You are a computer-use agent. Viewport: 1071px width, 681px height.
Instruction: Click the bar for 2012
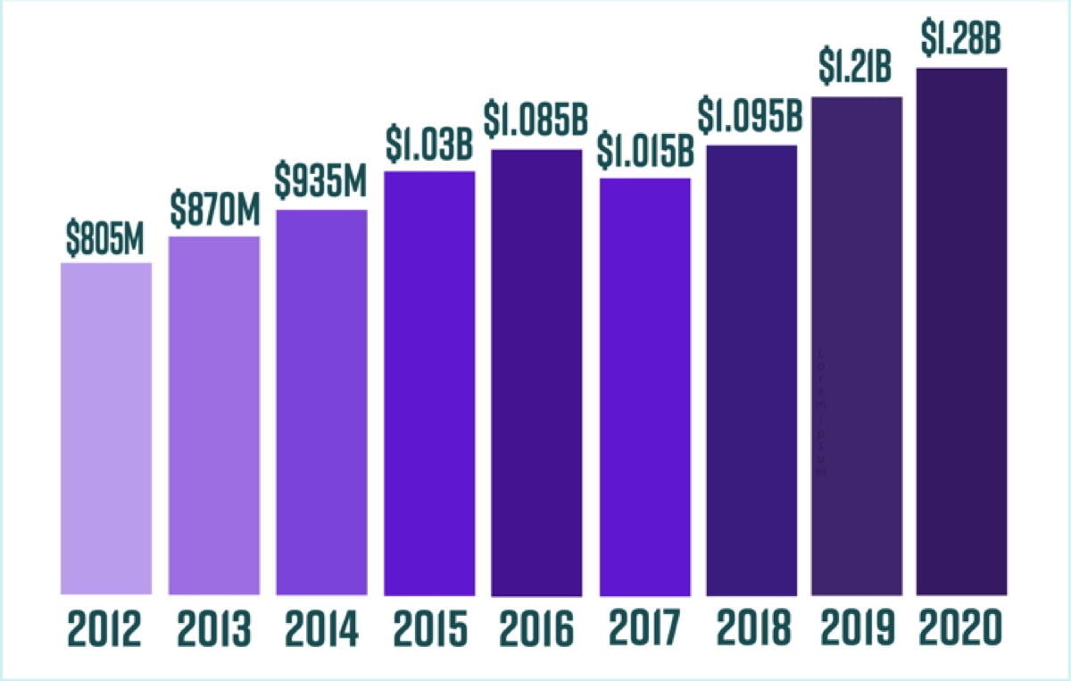coord(106,428)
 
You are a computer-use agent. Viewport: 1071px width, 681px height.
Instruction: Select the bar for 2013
coord(214,415)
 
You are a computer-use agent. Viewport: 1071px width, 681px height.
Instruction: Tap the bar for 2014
coord(321,402)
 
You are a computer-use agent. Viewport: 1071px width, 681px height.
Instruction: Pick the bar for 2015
coord(429,382)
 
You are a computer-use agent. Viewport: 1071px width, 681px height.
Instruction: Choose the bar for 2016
coord(536,372)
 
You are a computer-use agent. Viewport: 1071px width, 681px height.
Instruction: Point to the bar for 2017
coord(644,386)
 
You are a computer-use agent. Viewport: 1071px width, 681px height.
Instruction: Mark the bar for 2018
coord(751,370)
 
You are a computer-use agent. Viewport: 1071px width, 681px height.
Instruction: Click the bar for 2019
coord(857,345)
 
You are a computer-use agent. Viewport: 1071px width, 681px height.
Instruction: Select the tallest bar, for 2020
coord(962,330)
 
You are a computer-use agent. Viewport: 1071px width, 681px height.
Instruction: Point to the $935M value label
coord(321,182)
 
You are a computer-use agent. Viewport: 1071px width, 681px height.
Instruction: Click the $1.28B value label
coord(962,39)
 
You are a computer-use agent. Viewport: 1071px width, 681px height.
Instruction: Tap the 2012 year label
coord(104,630)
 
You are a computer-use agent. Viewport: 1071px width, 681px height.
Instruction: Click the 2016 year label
coord(536,630)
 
